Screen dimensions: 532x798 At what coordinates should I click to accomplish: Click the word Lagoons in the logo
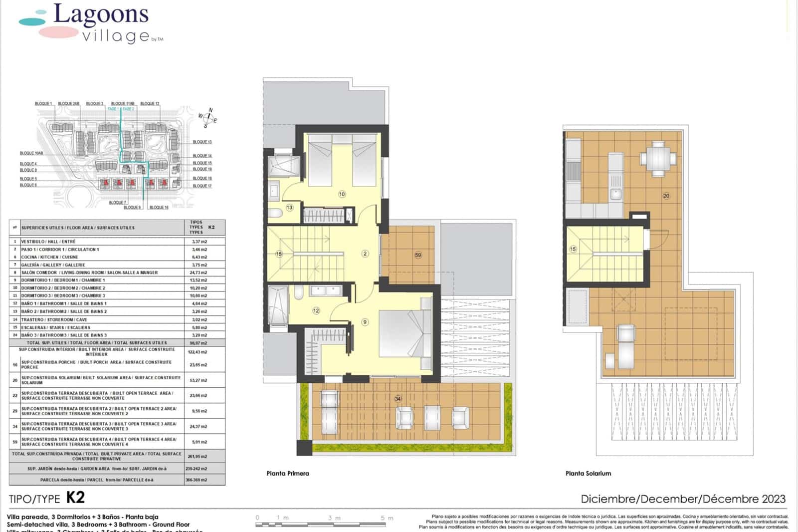coord(101,15)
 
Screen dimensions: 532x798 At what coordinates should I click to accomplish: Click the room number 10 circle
coord(342,194)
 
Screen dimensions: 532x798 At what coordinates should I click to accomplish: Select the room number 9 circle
coord(365,322)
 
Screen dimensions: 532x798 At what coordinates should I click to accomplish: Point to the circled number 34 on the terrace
coord(398,399)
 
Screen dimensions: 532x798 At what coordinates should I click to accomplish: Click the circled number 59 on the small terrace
coord(418,255)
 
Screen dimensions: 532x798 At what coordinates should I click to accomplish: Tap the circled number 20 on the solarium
coord(666,196)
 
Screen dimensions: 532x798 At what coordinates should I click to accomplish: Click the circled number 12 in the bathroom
coord(316,310)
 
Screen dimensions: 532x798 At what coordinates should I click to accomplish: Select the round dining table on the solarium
coord(658,159)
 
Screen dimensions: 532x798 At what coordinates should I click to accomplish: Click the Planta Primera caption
coord(288,474)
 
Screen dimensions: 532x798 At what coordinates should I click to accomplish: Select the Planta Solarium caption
coord(588,474)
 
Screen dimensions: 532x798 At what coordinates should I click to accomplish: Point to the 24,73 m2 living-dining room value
coord(199,272)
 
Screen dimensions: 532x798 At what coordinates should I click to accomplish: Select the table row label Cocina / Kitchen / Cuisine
coord(49,257)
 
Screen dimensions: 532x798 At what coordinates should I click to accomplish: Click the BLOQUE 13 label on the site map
coord(202,142)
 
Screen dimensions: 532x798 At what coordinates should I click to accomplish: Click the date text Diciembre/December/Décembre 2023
coord(683,499)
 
